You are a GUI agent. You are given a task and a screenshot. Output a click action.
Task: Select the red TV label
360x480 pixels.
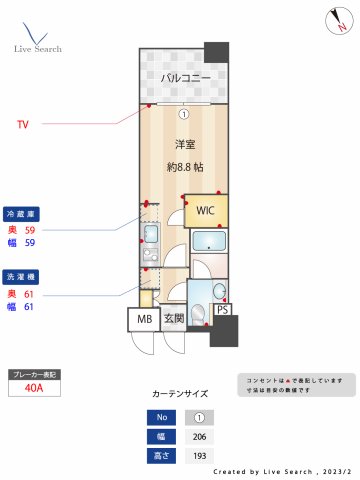(22, 125)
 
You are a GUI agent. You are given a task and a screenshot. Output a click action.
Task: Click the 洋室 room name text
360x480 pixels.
(184, 143)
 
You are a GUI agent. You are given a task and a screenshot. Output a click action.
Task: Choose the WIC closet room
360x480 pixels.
(205, 211)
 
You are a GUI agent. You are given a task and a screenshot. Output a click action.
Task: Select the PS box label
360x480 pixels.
(222, 310)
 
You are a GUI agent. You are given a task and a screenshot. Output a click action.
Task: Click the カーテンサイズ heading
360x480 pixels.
(180, 394)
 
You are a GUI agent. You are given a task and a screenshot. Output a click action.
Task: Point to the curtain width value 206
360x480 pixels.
(198, 436)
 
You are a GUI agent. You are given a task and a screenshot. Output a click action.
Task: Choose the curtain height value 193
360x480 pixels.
(198, 456)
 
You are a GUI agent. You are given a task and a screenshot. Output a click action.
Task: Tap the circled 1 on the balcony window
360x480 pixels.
(183, 113)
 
